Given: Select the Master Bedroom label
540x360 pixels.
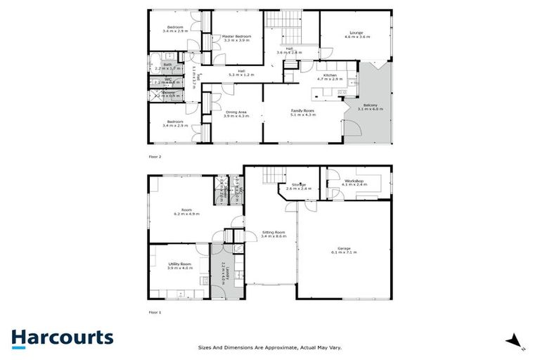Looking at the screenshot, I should (236, 36).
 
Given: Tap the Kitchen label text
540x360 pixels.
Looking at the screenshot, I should (330, 75).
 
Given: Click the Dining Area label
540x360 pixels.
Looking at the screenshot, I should (236, 112).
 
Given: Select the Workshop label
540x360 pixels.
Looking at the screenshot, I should (354, 181).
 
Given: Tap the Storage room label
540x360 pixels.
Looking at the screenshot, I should (295, 186).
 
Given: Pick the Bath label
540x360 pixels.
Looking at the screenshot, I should (167, 65).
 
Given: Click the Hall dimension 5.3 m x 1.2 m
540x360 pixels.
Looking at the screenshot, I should (240, 74).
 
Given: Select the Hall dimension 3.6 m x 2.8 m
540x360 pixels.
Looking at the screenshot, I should (288, 53).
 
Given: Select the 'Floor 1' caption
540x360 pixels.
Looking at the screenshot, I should (155, 311).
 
